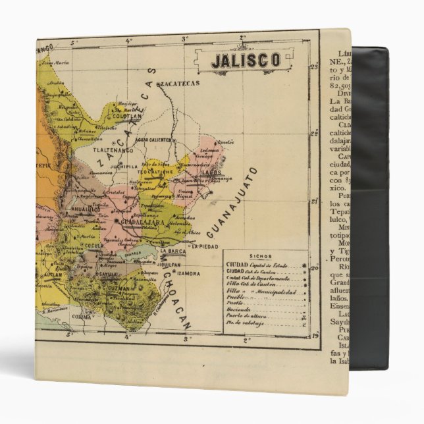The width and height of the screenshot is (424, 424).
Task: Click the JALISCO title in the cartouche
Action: click(x=245, y=59)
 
